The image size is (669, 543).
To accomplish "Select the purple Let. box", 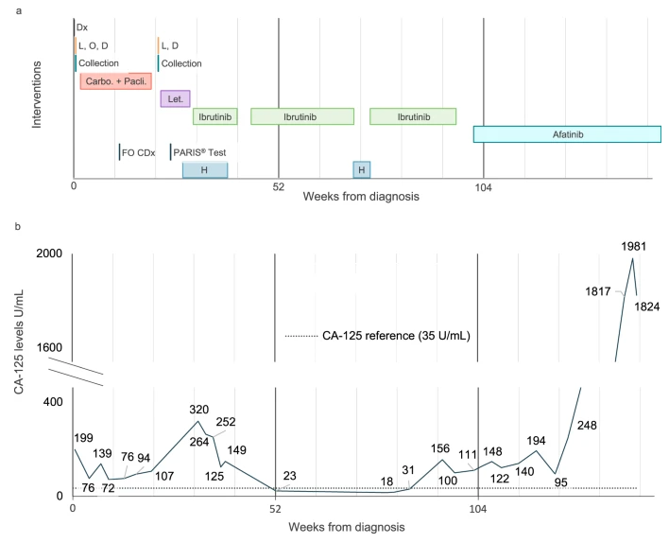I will click(176, 98).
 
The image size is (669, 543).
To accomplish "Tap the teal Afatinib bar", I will click(567, 134).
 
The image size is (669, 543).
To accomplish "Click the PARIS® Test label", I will click(199, 152).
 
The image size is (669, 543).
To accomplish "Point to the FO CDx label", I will click(138, 152).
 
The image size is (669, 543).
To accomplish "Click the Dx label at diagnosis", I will click(83, 27).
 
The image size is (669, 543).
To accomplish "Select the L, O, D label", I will click(94, 45).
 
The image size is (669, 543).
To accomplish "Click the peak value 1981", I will click(635, 248).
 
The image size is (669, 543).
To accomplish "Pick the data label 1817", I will click(602, 289).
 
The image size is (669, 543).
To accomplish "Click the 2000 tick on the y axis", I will click(48, 254).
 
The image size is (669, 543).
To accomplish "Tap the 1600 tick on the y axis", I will click(48, 348).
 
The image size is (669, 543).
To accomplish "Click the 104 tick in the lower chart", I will click(478, 508).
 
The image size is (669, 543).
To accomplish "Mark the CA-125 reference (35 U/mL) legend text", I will click(396, 335).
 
